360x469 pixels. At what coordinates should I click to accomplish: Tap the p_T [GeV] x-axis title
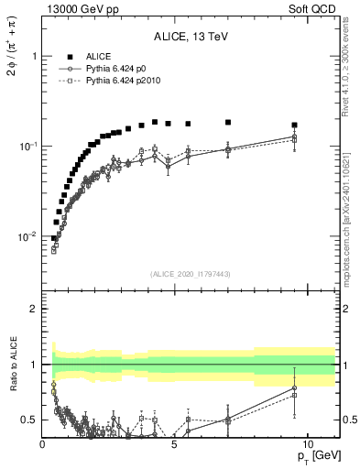point(314,455)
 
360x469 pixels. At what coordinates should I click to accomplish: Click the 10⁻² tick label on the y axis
point(26,236)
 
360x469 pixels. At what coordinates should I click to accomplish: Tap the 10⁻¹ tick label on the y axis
point(26,147)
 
